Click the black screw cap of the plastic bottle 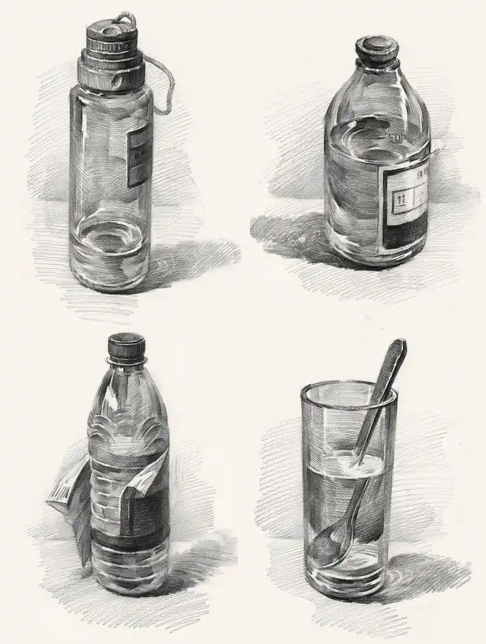(127, 347)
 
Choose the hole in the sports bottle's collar (116, 80)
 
